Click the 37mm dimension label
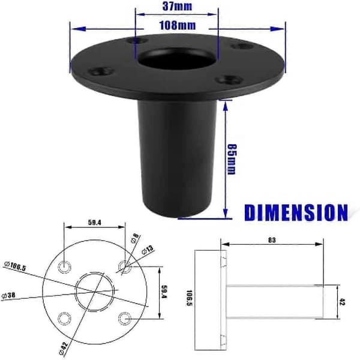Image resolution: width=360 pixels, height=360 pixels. coord(177,6)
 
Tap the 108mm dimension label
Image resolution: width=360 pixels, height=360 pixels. coord(178,25)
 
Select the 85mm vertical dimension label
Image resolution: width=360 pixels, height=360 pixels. coord(231,160)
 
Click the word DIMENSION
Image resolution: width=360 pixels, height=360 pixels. coord(296,212)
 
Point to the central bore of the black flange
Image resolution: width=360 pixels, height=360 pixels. coord(178,58)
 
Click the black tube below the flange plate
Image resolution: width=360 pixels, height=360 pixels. coord(177,158)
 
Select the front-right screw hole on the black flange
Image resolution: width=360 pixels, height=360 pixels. coord(230,80)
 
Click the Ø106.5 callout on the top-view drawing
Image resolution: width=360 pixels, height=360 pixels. coord(16,266)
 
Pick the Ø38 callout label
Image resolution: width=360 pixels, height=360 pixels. coord(8,295)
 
